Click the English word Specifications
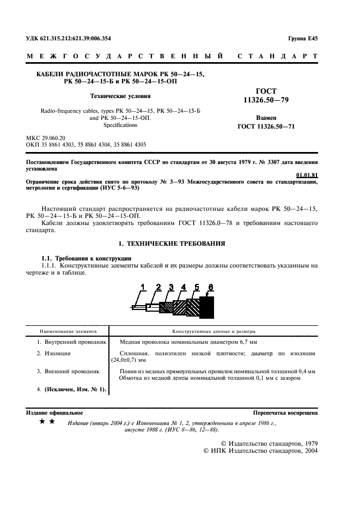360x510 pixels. (x=120, y=125)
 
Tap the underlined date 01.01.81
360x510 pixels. (x=306, y=174)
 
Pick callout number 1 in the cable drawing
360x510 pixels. (x=144, y=287)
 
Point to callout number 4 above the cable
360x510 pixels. (x=183, y=287)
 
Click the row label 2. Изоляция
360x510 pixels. (x=58, y=354)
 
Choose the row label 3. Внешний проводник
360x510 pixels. (x=68, y=371)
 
